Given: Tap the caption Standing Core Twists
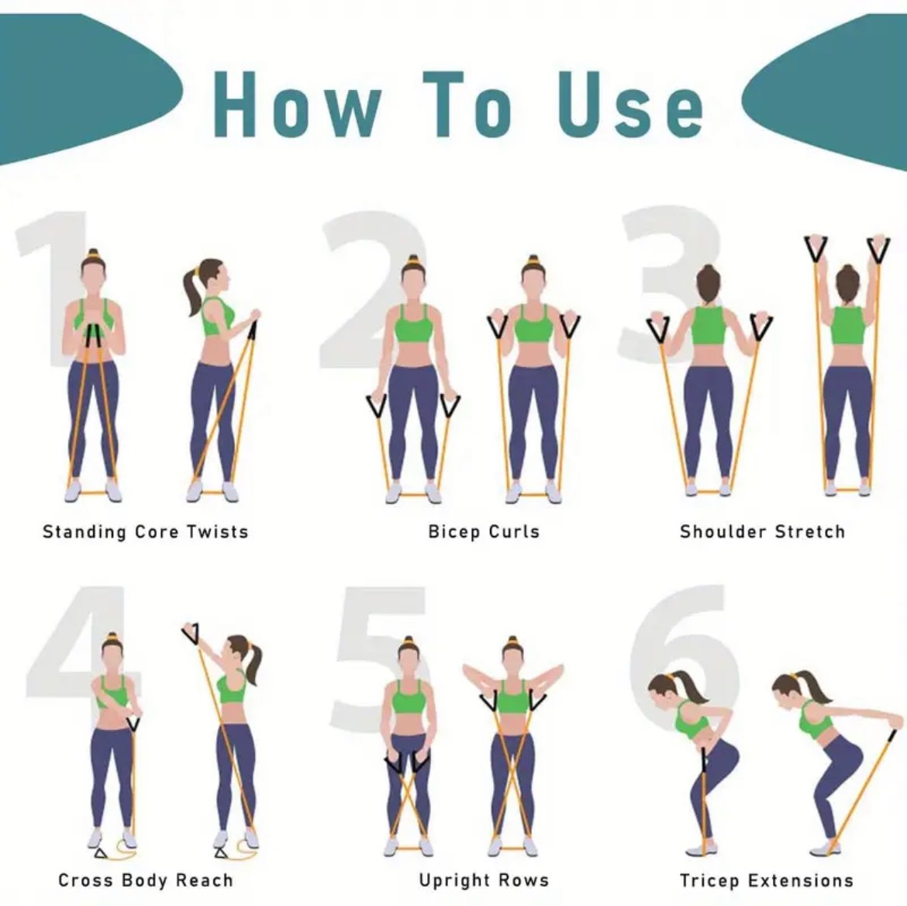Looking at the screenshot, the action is [x=145, y=531].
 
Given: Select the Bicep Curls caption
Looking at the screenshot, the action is [x=484, y=531].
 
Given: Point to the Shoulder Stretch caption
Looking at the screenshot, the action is [x=762, y=531].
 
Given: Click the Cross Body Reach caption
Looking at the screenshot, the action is [x=146, y=880].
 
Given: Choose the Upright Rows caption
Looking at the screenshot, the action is [x=484, y=880].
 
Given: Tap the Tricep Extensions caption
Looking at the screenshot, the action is [x=767, y=880].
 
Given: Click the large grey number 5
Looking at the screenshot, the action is [x=379, y=654].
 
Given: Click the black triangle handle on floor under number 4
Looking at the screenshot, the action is [x=101, y=852].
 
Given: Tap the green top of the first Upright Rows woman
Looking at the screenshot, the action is [x=409, y=697].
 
